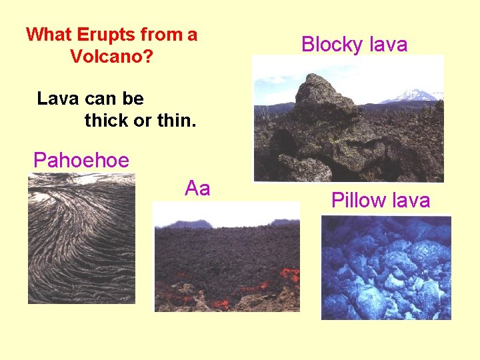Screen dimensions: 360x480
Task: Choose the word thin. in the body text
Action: point(175,122)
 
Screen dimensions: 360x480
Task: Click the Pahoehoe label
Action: point(81,161)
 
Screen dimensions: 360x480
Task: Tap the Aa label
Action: point(197,188)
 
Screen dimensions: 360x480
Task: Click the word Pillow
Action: point(358,200)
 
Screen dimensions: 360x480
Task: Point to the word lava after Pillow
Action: point(410,200)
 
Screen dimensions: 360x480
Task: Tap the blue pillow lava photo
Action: point(386,267)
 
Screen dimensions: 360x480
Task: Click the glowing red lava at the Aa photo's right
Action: point(289,273)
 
